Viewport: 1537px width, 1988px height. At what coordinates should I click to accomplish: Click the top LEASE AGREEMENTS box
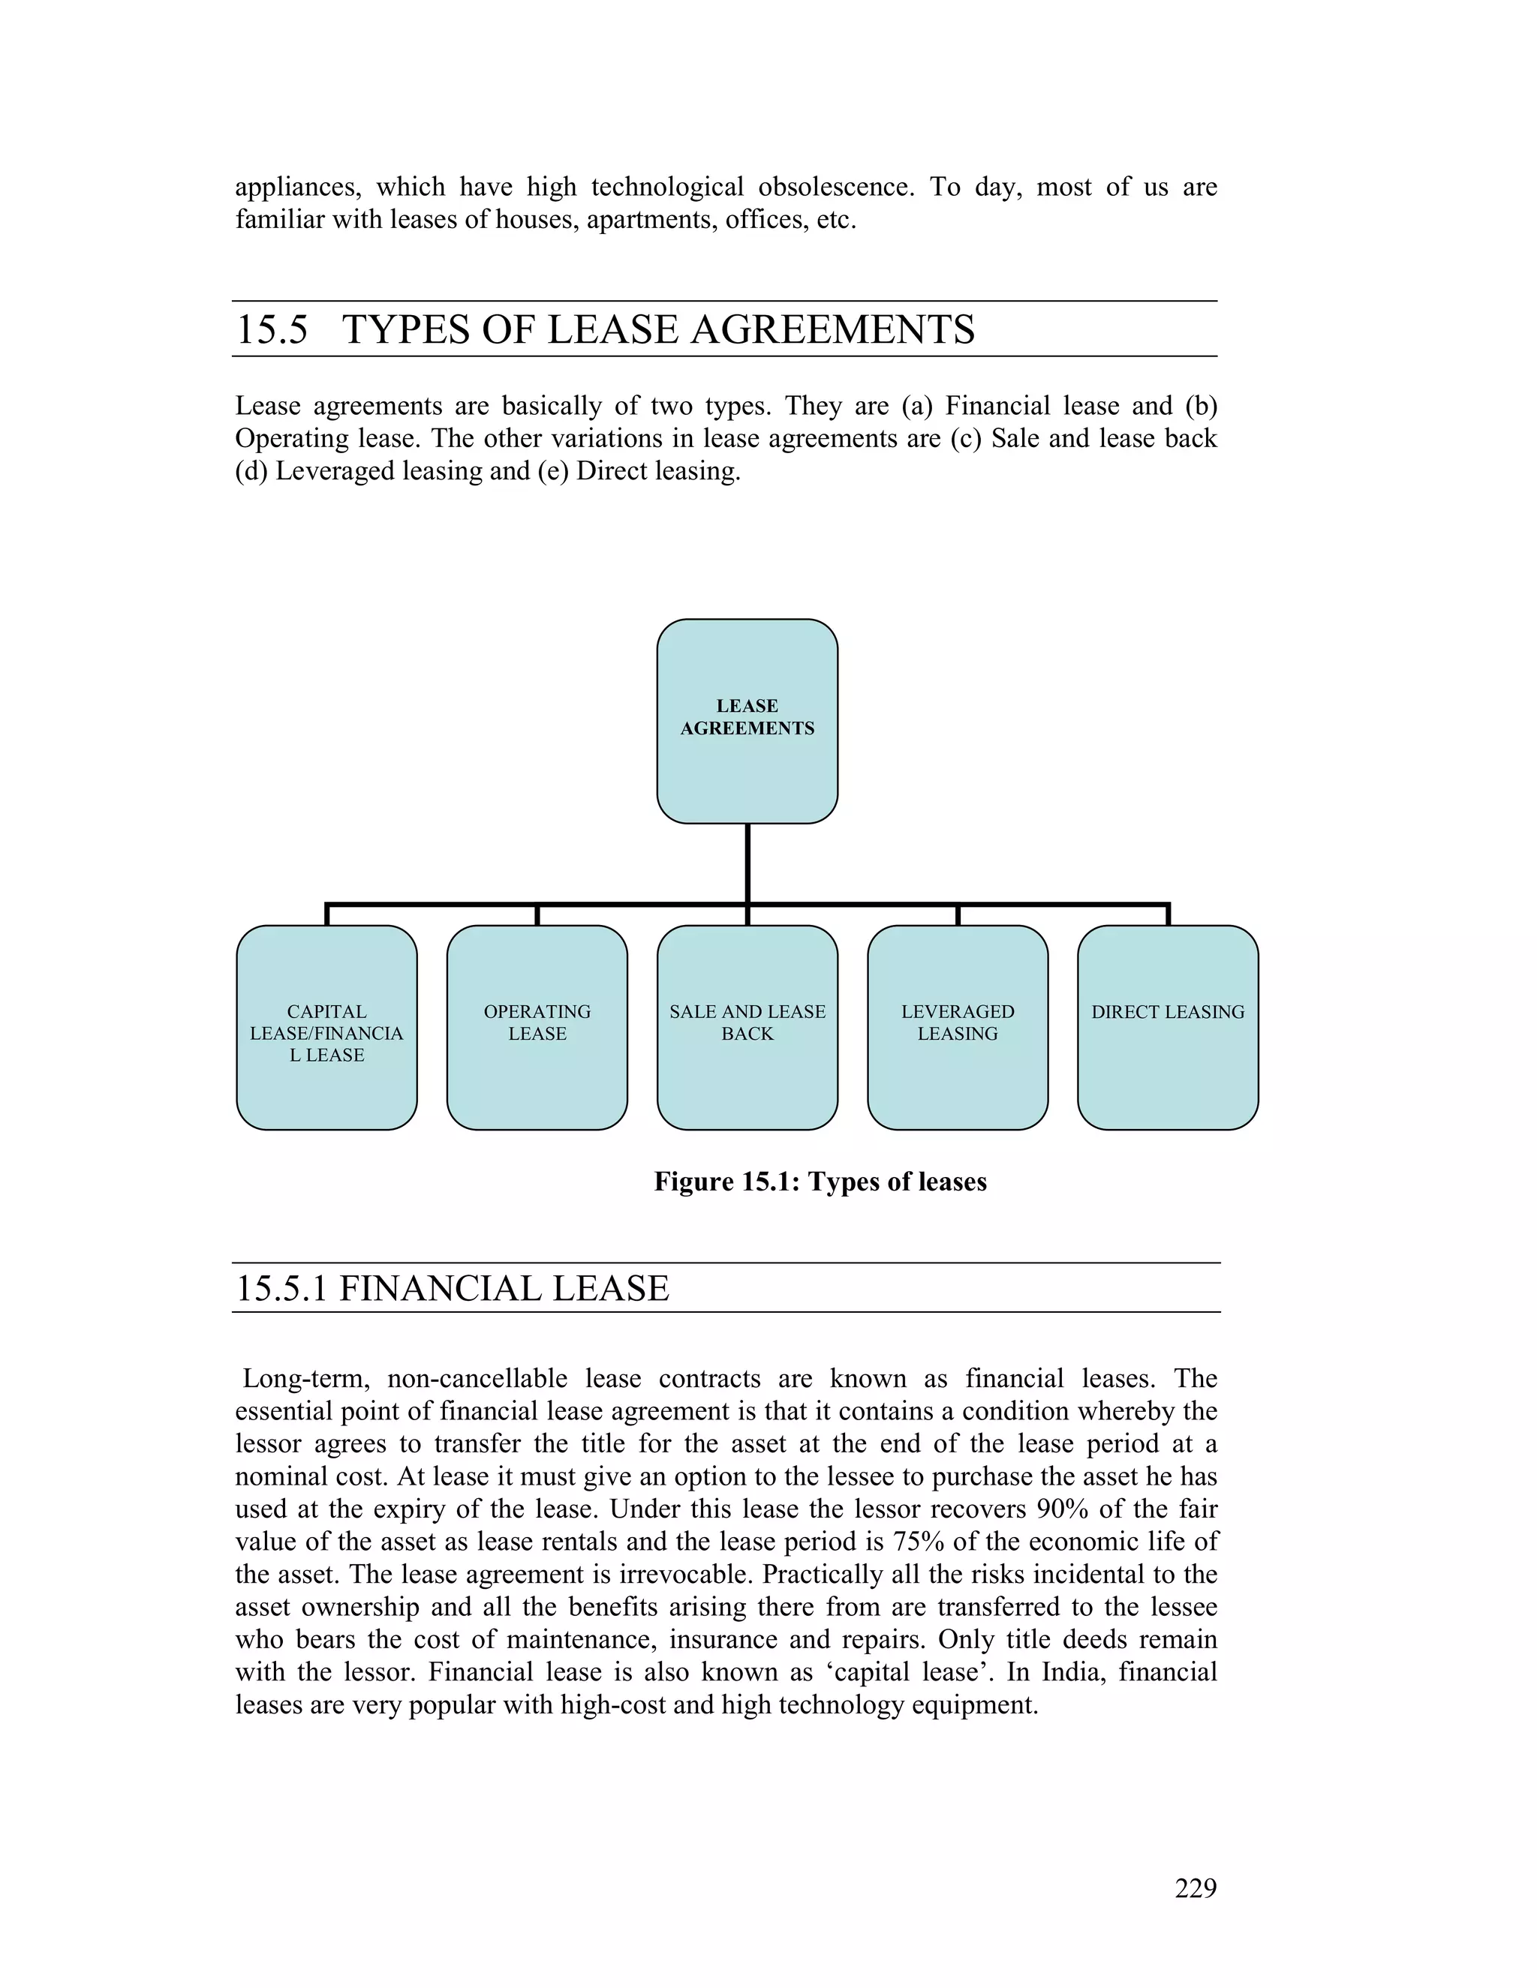(x=747, y=720)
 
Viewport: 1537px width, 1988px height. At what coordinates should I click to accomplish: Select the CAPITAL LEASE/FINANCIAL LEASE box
(x=326, y=1027)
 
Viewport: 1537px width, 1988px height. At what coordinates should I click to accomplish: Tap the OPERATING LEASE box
(x=537, y=1027)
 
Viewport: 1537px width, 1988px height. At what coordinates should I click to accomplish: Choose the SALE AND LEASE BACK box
(x=747, y=1027)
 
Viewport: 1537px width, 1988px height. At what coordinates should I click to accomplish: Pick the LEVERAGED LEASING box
(x=957, y=1027)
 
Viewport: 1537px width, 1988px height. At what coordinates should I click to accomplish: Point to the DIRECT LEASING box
(x=1167, y=1027)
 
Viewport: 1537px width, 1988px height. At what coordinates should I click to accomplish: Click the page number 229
(x=1195, y=1889)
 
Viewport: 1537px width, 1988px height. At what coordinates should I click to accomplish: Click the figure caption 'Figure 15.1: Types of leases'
(x=820, y=1182)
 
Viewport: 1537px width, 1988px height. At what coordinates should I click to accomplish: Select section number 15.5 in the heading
(x=272, y=329)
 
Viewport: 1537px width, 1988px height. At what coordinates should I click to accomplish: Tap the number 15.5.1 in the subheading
(x=281, y=1289)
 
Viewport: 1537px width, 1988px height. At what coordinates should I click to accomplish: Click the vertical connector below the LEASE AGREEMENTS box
(x=747, y=863)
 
